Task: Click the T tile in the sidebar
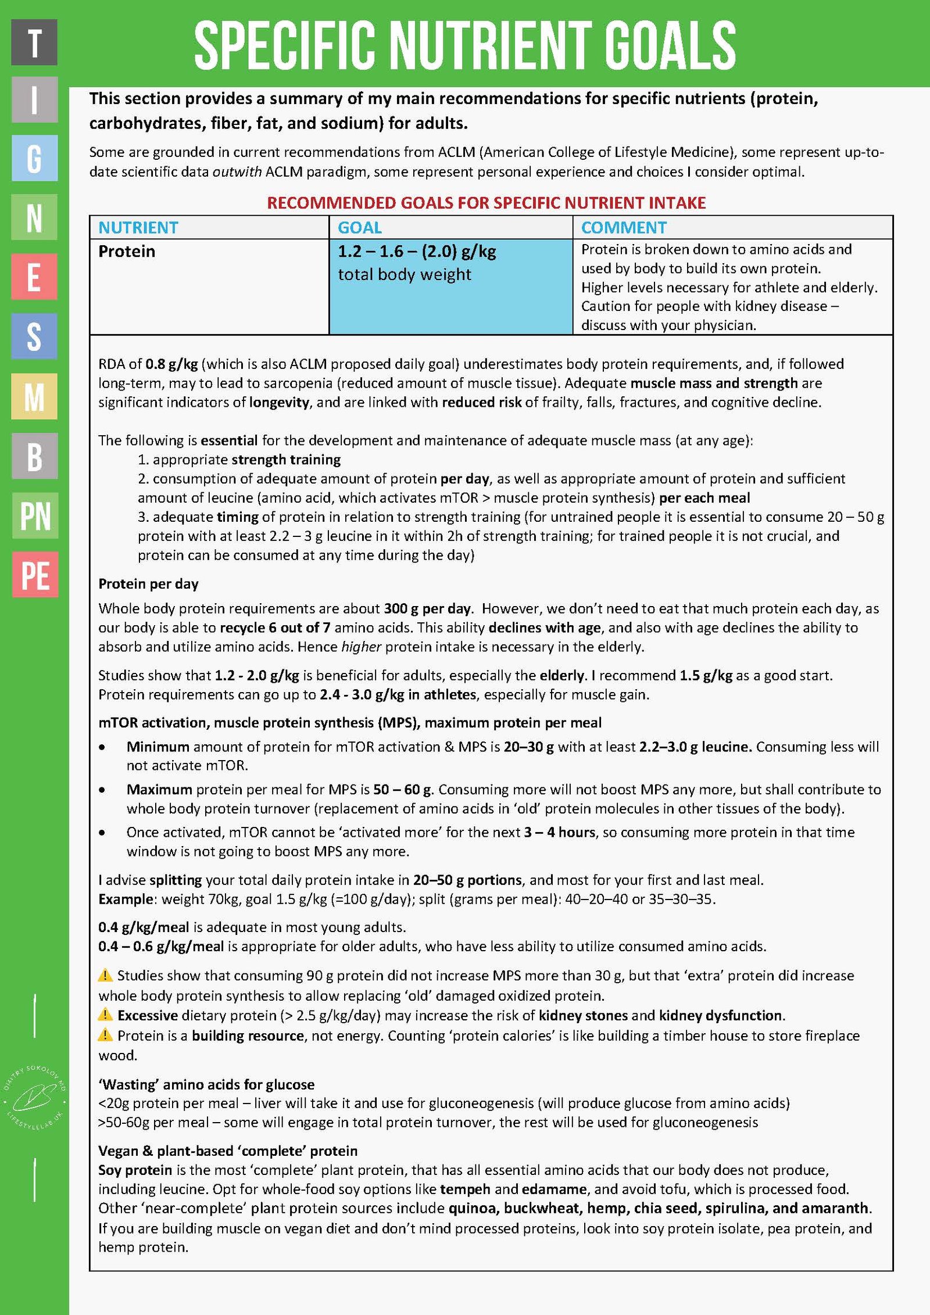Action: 34,42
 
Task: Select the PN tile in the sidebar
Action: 35,515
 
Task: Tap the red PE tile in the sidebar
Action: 35,575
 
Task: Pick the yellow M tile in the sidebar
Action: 34,396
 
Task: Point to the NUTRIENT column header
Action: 138,227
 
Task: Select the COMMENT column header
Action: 624,227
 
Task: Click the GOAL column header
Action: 360,227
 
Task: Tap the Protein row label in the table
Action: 127,251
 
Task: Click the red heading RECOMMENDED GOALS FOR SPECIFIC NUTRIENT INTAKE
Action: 486,203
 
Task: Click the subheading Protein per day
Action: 148,583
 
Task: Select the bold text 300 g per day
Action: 427,608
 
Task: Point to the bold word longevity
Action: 279,402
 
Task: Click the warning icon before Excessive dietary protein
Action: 105,1015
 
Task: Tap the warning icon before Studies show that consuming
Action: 105,974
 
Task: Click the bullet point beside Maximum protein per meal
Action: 103,790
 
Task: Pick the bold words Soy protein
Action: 135,1170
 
